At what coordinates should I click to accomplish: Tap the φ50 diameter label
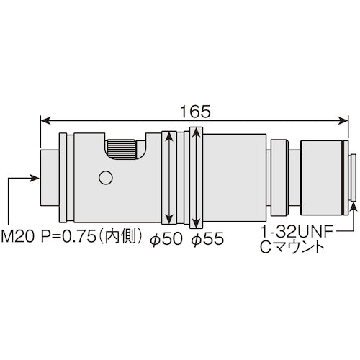(x=167, y=238)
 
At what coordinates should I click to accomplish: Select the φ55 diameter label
(x=206, y=238)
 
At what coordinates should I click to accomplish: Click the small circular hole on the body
(x=106, y=177)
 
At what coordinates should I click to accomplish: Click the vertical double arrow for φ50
(x=168, y=177)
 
